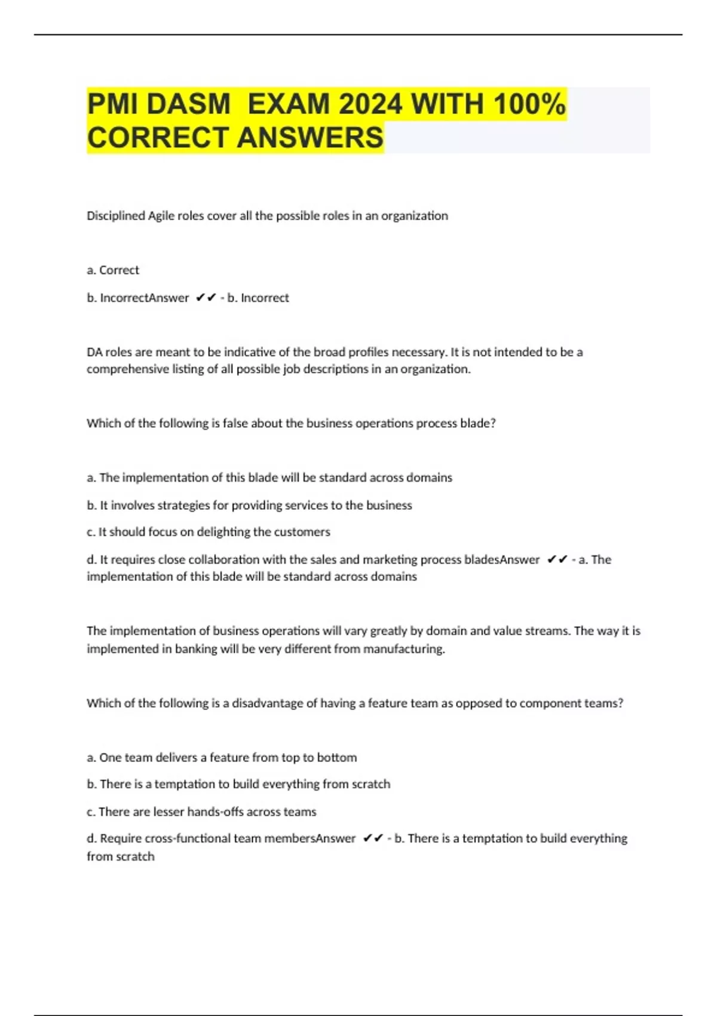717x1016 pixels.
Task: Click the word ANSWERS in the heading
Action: point(310,137)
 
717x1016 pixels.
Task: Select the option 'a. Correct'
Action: point(113,270)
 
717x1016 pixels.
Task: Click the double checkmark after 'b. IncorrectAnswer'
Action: point(206,298)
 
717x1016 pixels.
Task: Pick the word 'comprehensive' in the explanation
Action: point(127,369)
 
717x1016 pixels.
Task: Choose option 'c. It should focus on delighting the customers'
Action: point(208,532)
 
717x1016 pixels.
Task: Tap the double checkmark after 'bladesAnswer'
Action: point(557,559)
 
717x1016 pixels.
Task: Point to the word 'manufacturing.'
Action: point(404,649)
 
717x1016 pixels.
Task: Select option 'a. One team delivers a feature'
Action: point(222,758)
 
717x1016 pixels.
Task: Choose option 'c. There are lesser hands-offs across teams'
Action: point(201,812)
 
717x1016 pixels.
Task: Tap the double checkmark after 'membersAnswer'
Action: point(373,838)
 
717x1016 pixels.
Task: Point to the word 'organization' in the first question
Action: point(414,216)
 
